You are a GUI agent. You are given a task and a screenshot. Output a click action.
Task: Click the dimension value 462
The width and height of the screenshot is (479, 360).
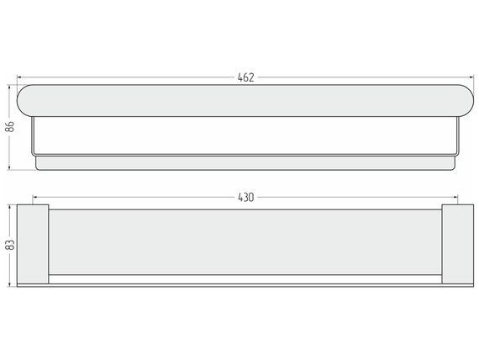coord(245,77)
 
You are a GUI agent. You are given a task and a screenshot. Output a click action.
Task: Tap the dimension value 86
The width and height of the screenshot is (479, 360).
coord(10,126)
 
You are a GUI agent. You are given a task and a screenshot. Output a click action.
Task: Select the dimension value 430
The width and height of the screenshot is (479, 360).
coord(246,198)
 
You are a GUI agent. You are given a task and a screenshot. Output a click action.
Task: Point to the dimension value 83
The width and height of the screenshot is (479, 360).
coord(10,245)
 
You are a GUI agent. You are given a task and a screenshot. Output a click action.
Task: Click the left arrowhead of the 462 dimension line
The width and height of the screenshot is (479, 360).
coord(19,77)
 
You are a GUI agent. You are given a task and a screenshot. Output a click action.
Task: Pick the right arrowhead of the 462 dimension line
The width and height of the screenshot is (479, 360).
coord(471,77)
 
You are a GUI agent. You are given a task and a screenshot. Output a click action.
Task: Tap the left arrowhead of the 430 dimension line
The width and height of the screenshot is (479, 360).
coord(35,198)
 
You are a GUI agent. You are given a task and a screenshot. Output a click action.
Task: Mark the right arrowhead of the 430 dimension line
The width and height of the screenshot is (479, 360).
coord(455,198)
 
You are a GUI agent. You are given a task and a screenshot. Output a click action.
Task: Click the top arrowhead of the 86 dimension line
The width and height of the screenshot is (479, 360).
coord(9,87)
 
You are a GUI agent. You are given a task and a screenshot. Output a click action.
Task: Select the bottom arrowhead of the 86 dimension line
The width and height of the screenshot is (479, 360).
coord(9,167)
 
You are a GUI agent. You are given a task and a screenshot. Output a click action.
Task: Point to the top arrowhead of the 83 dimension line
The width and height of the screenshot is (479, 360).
coord(10,208)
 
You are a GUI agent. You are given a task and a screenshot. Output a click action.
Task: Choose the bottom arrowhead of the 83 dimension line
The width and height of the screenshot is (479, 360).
coord(10,284)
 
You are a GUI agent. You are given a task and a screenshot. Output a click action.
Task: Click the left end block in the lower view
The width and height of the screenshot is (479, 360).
coord(33,244)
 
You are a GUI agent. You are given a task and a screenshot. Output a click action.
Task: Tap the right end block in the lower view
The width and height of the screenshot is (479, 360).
coord(458,244)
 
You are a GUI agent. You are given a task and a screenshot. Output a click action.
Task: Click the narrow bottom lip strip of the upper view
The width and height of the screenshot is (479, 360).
coord(245,163)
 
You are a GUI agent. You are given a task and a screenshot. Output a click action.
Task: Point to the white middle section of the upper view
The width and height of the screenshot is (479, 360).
coord(245,135)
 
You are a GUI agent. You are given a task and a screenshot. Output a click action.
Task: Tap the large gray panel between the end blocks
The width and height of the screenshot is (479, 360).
coord(245,241)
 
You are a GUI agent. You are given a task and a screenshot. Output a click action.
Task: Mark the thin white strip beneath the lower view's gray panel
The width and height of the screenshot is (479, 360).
coord(245,279)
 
